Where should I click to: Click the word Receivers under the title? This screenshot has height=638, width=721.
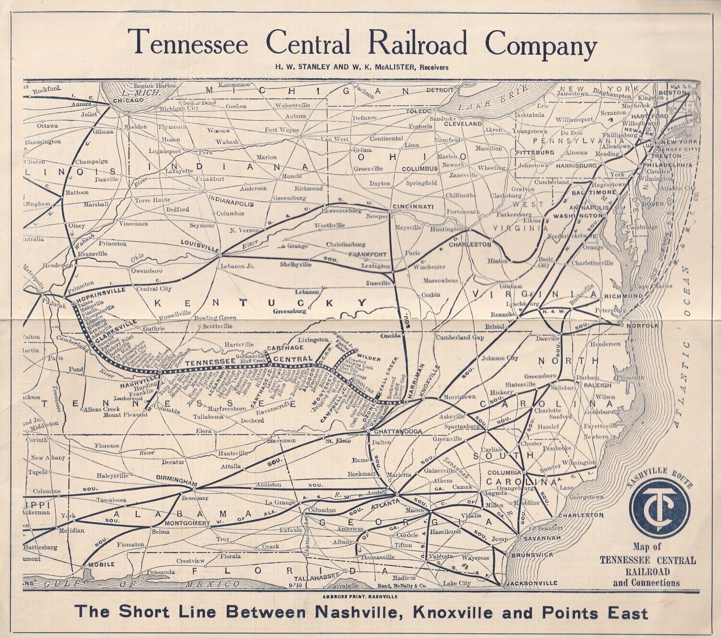click(x=433, y=67)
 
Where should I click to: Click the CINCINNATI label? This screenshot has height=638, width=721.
click(x=414, y=207)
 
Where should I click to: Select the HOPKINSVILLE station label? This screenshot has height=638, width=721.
click(x=97, y=291)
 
